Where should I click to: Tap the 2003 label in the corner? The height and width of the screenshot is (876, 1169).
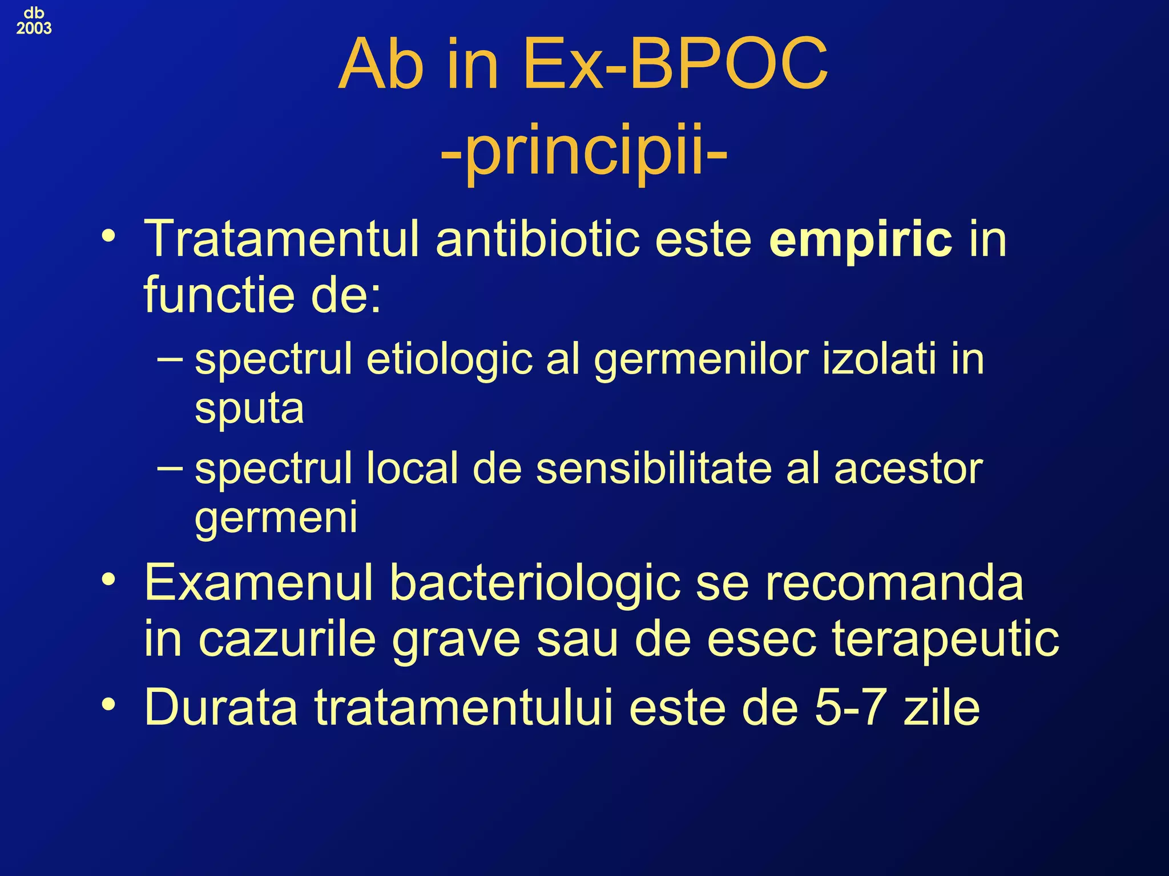34,29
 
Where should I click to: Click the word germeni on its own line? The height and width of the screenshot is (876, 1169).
276,517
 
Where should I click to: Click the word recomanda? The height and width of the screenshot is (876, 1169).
894,583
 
